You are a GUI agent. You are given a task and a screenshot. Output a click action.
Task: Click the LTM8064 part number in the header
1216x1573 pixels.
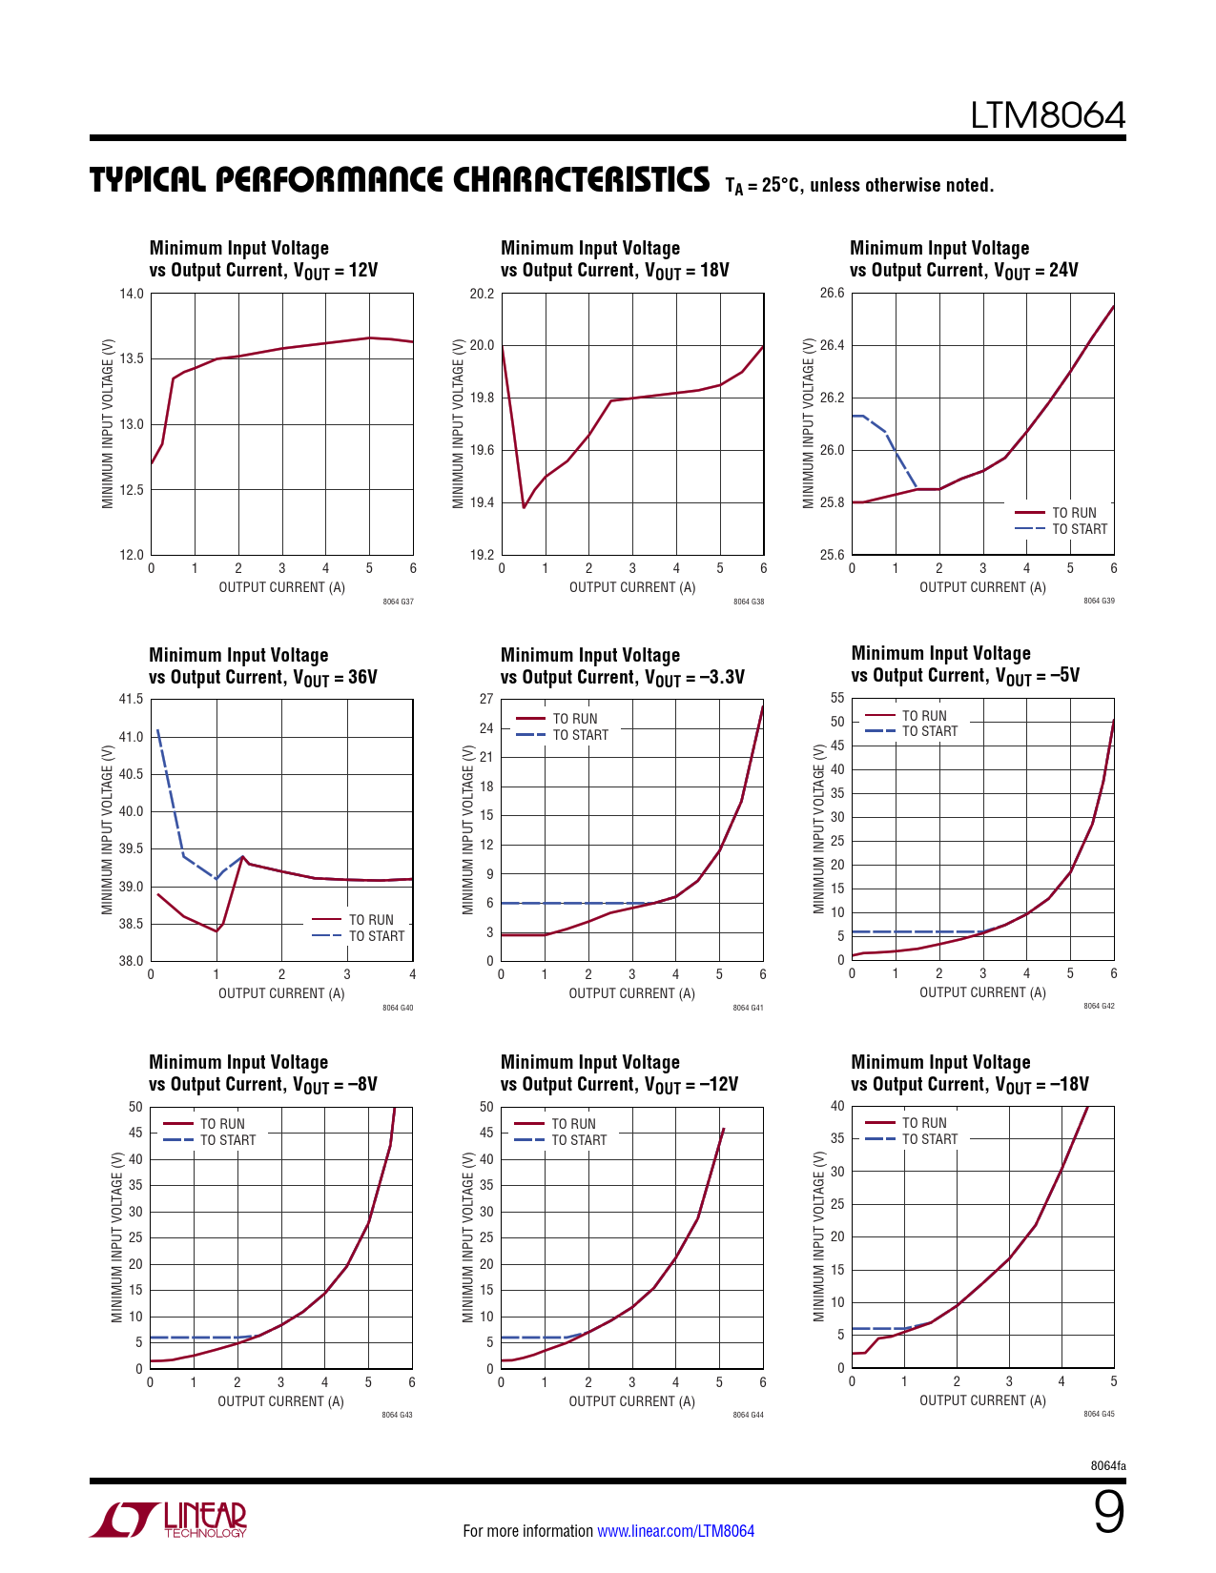(1047, 115)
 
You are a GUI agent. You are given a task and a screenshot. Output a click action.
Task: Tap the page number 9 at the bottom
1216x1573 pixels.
(1108, 1512)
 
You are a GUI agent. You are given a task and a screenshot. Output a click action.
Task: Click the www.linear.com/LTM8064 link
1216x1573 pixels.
(675, 1531)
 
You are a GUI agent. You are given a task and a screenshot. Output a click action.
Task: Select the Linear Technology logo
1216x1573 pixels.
(170, 1520)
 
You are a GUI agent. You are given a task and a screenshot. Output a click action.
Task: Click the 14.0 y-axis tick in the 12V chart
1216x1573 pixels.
(132, 294)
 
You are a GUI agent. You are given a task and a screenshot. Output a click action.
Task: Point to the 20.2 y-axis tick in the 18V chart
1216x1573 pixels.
(483, 294)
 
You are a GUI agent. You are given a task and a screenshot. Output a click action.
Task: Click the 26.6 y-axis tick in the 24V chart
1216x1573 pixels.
(833, 293)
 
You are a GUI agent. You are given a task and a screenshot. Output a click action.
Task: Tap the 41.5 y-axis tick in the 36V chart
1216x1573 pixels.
(131, 700)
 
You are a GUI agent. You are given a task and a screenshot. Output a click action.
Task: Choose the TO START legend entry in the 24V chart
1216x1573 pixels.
(1079, 529)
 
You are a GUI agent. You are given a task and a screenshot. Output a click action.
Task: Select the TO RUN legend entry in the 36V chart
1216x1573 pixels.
(370, 920)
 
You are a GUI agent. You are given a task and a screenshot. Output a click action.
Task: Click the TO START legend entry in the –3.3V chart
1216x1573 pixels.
(580, 735)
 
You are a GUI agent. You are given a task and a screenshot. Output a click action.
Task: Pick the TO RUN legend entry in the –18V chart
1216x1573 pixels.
(924, 1123)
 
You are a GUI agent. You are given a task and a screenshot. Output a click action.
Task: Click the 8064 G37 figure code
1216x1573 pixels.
(398, 602)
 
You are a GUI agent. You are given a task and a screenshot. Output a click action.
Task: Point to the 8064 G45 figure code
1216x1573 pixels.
(1099, 1414)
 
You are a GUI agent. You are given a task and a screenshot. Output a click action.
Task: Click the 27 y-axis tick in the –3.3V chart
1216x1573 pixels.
(486, 700)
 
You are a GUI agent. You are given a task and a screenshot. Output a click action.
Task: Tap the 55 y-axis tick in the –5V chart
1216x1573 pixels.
(837, 699)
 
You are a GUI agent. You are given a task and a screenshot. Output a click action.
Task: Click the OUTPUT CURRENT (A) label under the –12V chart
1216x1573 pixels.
(631, 1401)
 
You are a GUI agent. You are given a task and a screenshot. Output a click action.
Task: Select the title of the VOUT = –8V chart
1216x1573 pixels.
(262, 1073)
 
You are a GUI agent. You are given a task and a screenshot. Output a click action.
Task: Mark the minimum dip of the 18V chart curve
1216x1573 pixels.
(524, 507)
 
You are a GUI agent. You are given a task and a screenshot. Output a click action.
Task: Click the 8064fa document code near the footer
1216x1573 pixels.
(1107, 1465)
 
